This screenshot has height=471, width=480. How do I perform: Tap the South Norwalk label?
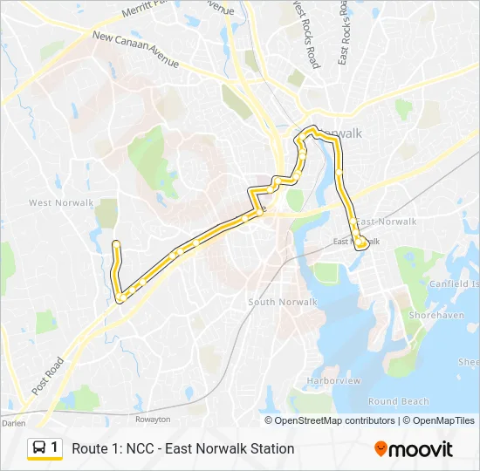(283, 302)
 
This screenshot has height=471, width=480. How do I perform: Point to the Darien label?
(13, 422)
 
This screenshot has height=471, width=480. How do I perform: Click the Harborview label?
(333, 381)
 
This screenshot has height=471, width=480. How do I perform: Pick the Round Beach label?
(398, 401)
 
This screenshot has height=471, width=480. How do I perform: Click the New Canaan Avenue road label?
(135, 51)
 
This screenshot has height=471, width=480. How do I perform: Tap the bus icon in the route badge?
(39, 447)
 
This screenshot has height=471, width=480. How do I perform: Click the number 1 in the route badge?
(54, 447)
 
